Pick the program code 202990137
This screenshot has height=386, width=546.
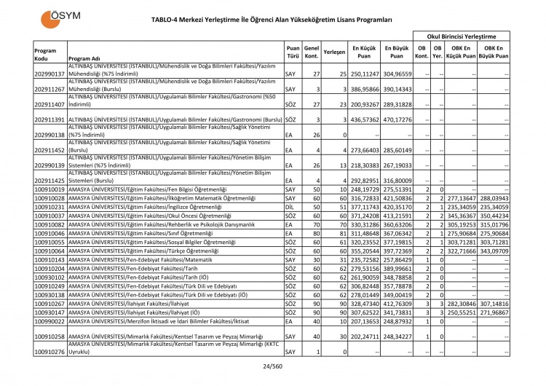tap(50, 74)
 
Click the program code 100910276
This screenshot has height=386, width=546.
tap(50, 352)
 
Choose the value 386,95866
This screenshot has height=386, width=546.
tap(364, 89)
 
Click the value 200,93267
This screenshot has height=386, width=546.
tap(364, 104)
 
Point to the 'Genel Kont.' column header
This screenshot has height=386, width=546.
tap(312, 52)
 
